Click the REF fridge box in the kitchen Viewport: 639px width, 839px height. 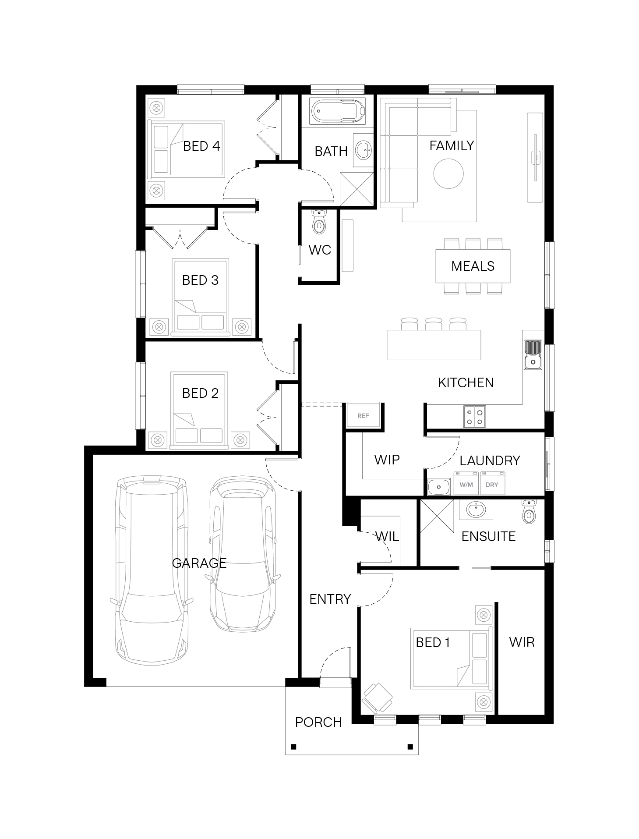click(x=363, y=415)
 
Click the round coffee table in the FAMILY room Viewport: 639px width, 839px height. click(x=448, y=173)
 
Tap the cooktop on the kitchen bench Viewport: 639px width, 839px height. click(x=475, y=416)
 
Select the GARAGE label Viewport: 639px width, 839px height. click(x=199, y=563)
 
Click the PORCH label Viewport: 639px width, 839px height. click(x=318, y=722)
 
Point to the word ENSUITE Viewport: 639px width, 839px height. click(x=488, y=536)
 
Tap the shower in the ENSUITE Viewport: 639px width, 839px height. click(x=437, y=516)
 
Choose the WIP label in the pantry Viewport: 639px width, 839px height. click(x=387, y=460)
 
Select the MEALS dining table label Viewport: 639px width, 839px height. click(x=473, y=266)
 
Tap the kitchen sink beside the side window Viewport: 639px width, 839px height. click(x=533, y=355)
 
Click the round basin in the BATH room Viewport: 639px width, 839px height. click(x=363, y=150)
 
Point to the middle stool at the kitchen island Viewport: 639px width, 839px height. click(x=434, y=324)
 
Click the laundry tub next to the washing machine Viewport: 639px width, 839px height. click(x=439, y=487)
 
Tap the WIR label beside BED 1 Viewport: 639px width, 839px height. click(x=522, y=642)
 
